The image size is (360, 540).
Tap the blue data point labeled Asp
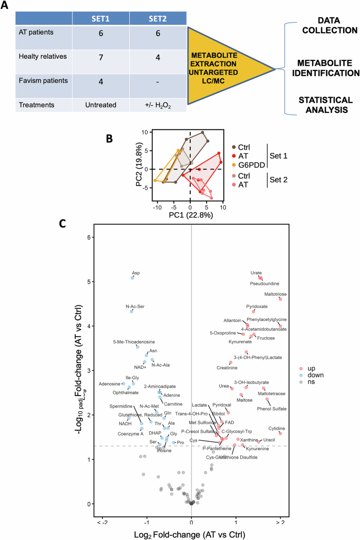click(x=132, y=278)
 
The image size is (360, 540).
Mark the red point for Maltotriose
click(x=280, y=299)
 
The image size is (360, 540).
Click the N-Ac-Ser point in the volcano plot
click(x=131, y=311)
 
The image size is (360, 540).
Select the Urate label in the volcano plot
click(x=256, y=273)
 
